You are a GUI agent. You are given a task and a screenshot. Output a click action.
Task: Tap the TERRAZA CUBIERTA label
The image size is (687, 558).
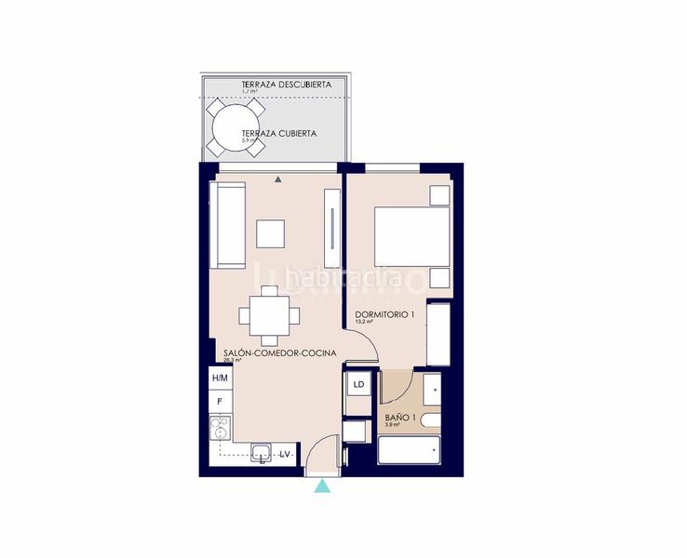tap(278, 133)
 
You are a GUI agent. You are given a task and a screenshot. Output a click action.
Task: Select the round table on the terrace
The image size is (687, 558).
tap(228, 127)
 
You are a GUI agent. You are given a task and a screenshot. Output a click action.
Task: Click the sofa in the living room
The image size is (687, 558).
tap(228, 224)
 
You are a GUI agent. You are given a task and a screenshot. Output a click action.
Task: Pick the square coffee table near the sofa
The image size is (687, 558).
tap(270, 233)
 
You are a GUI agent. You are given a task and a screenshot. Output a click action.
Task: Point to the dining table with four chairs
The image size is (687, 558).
tap(269, 314)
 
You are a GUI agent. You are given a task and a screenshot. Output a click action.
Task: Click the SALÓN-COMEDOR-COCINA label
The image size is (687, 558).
tap(273, 353)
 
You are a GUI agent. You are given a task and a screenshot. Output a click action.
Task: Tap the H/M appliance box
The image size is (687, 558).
tap(220, 378)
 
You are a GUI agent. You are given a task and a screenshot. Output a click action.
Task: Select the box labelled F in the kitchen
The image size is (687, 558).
tap(220, 402)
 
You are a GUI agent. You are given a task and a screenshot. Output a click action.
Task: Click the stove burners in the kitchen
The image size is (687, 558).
tap(220, 429)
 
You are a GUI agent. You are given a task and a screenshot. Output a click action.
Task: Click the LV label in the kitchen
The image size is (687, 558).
tap(286, 454)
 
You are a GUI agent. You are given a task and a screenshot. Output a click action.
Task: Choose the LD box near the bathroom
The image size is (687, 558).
tap(358, 383)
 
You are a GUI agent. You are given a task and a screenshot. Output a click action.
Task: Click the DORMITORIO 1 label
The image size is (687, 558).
tap(384, 315)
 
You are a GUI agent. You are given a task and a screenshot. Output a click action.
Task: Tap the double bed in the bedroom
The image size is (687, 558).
tap(411, 236)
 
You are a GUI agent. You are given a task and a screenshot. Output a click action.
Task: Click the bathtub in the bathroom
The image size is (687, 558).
tap(408, 452)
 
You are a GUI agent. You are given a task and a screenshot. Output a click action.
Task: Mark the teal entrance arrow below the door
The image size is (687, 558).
tap(322, 485)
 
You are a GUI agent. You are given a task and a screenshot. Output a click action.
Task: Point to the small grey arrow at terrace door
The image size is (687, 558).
tap(277, 179)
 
